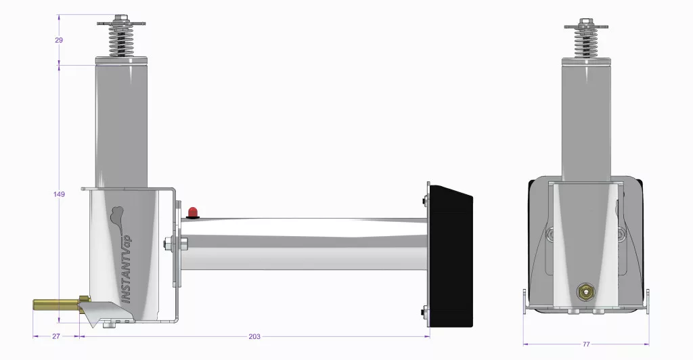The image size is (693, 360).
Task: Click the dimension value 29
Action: click(59, 40)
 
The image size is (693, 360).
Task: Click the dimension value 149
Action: click(59, 194)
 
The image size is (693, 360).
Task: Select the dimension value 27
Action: click(56, 336)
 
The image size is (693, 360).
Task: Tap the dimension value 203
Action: click(254, 336)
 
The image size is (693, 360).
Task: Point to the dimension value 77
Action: click(586, 344)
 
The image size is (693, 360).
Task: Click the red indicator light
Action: click(193, 212)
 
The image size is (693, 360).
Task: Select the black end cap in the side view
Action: click(451, 256)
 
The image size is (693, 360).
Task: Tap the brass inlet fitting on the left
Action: click(58, 305)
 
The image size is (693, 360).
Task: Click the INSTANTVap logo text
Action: click(127, 269)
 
